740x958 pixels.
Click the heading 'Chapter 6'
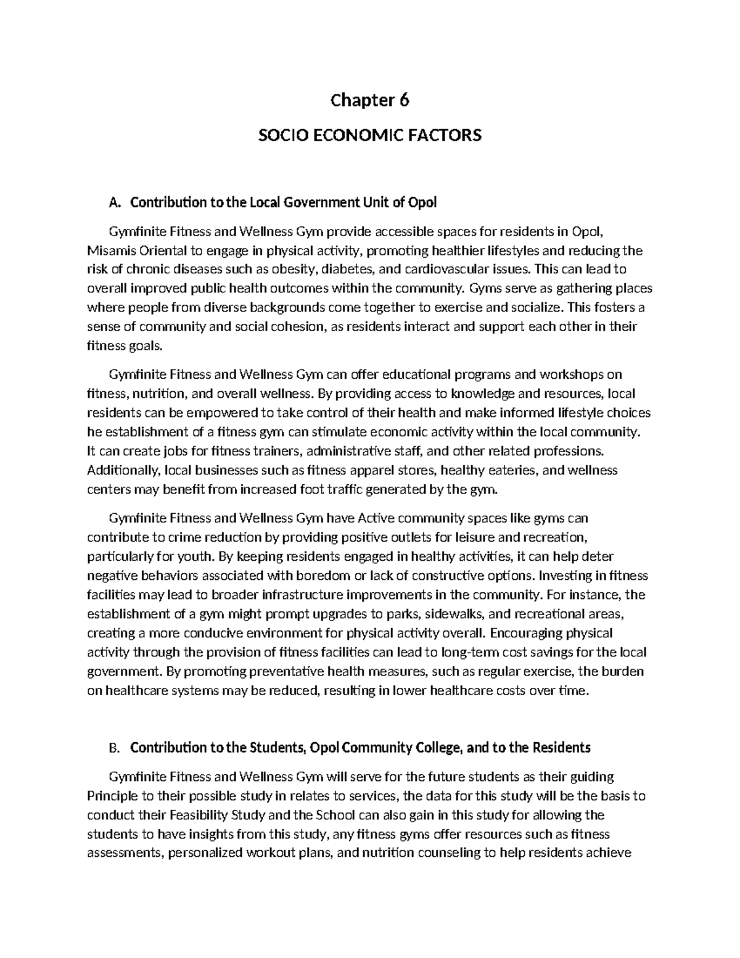point(369,100)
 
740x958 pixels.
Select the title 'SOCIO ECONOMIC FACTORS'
point(369,135)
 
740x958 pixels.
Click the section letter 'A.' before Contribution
point(113,202)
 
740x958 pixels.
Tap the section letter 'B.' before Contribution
point(113,748)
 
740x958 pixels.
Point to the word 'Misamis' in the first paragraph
point(107,250)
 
